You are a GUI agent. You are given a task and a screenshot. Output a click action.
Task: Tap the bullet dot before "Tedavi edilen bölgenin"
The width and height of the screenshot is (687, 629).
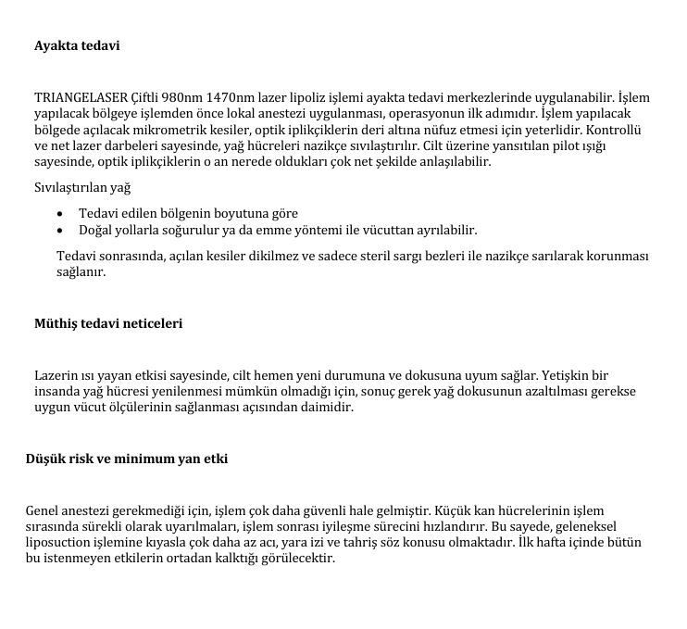(60, 214)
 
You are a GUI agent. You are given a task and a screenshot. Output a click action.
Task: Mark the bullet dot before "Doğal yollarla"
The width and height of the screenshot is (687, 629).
(60, 230)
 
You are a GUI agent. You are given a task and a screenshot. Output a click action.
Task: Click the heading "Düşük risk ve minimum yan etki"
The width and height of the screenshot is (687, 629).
(127, 459)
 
